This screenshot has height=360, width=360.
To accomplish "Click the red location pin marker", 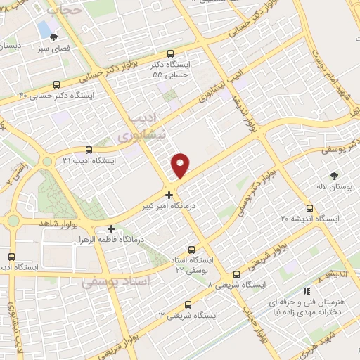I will pyautogui.click(x=181, y=165).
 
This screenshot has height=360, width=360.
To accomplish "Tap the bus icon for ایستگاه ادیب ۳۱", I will pyautogui.click(x=89, y=150).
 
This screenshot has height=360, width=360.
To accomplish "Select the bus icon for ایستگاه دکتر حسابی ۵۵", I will pyautogui.click(x=169, y=53).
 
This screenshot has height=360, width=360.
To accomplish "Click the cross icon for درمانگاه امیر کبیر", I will pyautogui.click(x=169, y=194).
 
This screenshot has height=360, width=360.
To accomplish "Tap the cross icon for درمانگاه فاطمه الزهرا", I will pyautogui.click(x=111, y=229).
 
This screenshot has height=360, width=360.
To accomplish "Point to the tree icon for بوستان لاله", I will pyautogui.click(x=334, y=176).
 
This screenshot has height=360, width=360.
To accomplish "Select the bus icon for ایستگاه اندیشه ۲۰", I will pyautogui.click(x=310, y=208).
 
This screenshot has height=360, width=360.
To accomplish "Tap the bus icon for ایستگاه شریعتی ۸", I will pyautogui.click(x=236, y=274).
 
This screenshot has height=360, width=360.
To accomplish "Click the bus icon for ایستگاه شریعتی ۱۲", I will pyautogui.click(x=188, y=304).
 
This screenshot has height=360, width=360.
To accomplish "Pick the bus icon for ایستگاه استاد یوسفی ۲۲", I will pyautogui.click(x=193, y=250).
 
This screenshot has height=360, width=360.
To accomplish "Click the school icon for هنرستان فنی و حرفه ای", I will pyautogui.click(x=306, y=291).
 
